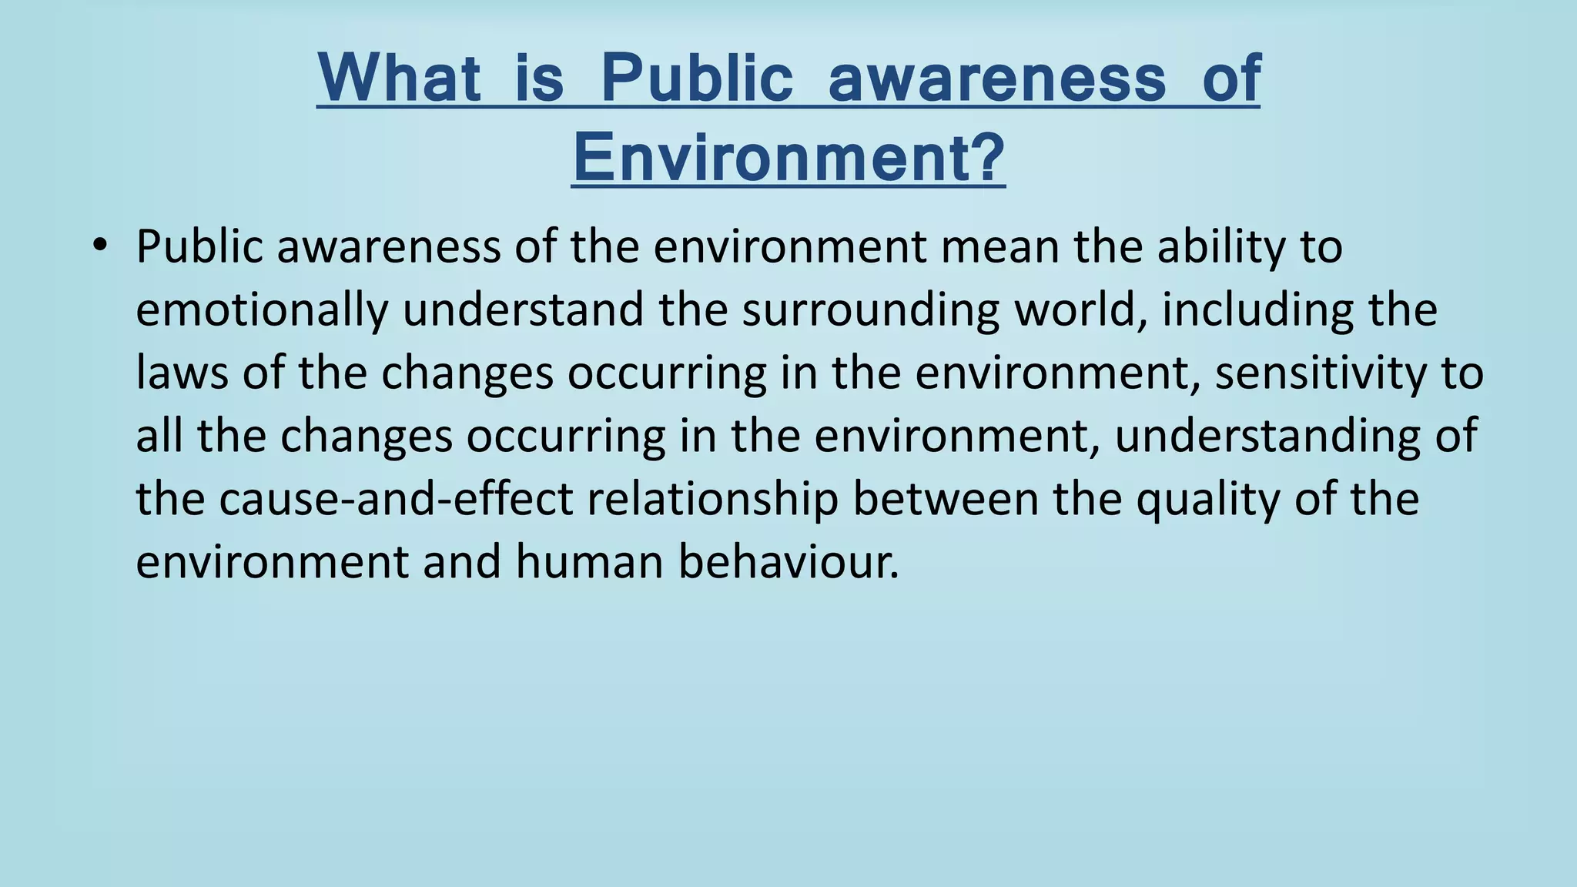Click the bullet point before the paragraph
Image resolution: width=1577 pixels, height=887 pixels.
[99, 246]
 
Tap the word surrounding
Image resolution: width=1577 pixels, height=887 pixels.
[870, 310]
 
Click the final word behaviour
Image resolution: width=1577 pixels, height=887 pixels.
[788, 561]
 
